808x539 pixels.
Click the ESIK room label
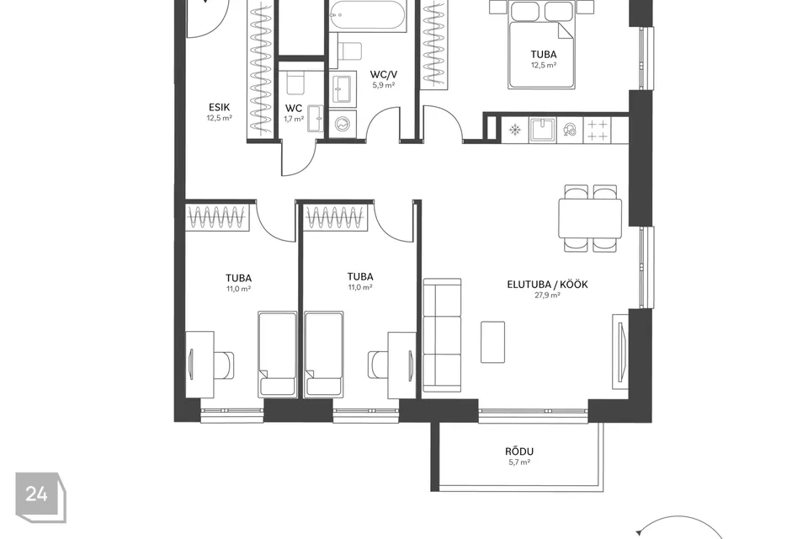click(219, 107)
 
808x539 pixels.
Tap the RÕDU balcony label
click(519, 451)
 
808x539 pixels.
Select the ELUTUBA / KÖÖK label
click(547, 284)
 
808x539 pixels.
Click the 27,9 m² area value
click(547, 296)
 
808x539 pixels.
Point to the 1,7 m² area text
click(294, 119)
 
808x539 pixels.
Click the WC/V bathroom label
click(384, 75)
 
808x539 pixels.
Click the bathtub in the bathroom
click(368, 14)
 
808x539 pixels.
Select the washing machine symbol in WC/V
click(343, 124)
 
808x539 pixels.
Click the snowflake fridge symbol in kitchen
click(515, 129)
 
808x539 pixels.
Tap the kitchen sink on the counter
click(542, 129)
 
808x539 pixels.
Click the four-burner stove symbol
click(598, 130)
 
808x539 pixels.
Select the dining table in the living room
click(590, 218)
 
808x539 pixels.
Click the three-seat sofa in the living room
click(442, 335)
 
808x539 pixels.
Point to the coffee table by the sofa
click(492, 342)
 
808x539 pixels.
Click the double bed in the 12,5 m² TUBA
click(541, 45)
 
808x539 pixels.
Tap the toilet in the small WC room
click(295, 82)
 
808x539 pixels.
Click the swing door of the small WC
click(300, 158)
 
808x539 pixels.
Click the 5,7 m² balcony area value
click(519, 462)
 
